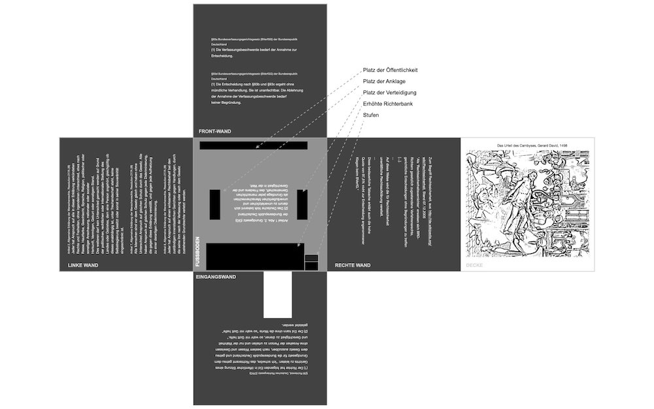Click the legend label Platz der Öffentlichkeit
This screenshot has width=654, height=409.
point(390,70)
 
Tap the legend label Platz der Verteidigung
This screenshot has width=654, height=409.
point(390,92)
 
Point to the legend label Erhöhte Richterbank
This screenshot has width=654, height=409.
point(388,104)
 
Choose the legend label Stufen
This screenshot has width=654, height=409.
point(371,115)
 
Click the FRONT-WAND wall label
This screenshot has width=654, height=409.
point(215,132)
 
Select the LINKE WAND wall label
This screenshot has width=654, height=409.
point(83,265)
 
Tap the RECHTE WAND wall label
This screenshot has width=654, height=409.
point(353,265)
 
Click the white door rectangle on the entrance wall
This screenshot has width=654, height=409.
point(277,294)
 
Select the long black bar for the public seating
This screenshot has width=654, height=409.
point(254,145)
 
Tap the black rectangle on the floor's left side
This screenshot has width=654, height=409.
point(215,204)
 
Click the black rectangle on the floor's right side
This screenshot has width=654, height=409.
point(302,204)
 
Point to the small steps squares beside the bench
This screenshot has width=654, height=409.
point(311,262)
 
